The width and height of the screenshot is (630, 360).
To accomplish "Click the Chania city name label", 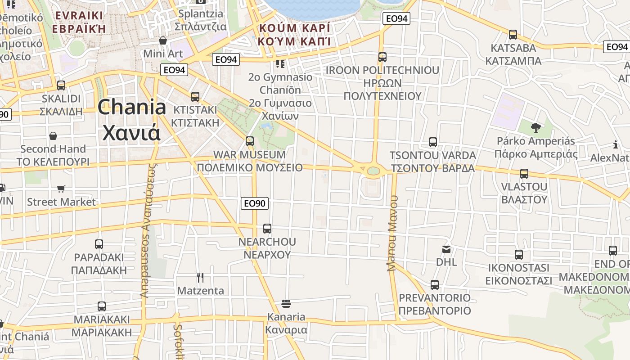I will pyautogui.click(x=131, y=120).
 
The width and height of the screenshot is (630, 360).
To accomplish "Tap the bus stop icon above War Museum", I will pyautogui.click(x=250, y=141).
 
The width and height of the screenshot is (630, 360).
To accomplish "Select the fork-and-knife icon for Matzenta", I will pyautogui.click(x=200, y=277).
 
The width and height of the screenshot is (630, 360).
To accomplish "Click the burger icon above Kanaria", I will pyautogui.click(x=286, y=304).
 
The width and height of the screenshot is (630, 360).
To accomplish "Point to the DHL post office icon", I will pyautogui.click(x=446, y=249).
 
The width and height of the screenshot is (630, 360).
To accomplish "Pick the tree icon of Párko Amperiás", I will pyautogui.click(x=535, y=128).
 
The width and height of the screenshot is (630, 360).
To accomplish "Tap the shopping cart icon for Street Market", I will pyautogui.click(x=61, y=189).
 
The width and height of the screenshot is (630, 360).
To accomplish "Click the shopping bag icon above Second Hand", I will pyautogui.click(x=53, y=136).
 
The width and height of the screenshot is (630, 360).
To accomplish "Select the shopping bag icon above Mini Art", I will pyautogui.click(x=163, y=41).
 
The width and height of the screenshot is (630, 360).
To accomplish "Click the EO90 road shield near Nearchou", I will pyautogui.click(x=255, y=203).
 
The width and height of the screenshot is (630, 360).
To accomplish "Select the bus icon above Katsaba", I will pyautogui.click(x=513, y=35).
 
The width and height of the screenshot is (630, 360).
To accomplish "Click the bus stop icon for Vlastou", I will pyautogui.click(x=524, y=174).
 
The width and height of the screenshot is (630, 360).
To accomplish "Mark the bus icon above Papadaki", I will pyautogui.click(x=99, y=244).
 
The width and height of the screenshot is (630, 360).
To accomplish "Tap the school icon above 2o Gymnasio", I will pyautogui.click(x=280, y=64).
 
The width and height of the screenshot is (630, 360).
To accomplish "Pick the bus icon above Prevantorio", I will pyautogui.click(x=434, y=285).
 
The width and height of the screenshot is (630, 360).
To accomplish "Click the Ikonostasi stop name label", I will pyautogui.click(x=518, y=274).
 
